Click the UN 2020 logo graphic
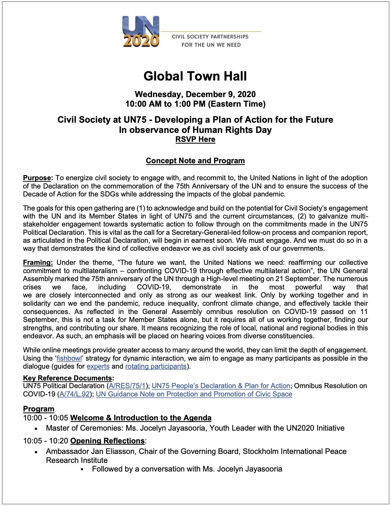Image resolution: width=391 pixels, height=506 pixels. click(141, 32)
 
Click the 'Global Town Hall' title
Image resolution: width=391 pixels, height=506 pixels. click(195, 76)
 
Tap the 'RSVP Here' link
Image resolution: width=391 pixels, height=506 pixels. click(195, 139)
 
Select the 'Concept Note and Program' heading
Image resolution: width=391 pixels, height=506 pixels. click(195, 161)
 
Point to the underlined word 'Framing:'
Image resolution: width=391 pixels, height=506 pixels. click(38, 263)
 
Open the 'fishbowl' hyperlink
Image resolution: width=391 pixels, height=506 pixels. click(69, 358)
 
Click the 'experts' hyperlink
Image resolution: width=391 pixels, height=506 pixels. click(98, 366)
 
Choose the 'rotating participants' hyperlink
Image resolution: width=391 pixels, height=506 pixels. click(156, 366)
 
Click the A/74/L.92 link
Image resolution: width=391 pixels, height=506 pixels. click(75, 394)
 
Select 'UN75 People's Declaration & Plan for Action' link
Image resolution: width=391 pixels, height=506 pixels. click(221, 386)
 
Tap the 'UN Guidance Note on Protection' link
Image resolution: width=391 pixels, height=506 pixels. click(194, 394)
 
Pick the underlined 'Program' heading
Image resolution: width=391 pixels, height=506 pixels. click(39, 409)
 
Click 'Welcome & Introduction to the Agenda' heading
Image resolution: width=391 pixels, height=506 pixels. click(141, 418)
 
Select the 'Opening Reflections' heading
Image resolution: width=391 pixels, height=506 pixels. click(107, 441)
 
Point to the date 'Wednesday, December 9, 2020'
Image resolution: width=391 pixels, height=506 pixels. click(195, 94)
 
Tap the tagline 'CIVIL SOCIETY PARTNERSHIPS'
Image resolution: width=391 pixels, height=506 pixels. click(210, 36)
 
